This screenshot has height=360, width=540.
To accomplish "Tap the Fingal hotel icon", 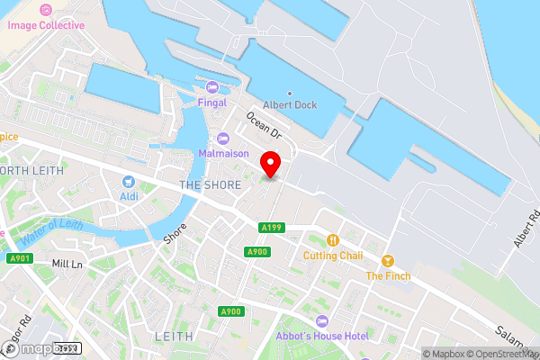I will pyautogui.click(x=212, y=86).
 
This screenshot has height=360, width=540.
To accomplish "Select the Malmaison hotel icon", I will pyautogui.click(x=223, y=138).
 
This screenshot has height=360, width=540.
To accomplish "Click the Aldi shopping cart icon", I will pyautogui.click(x=129, y=181).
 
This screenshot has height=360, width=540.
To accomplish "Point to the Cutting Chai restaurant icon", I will pyautogui.click(x=333, y=239).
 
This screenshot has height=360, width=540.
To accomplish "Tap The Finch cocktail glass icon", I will pyautogui.click(x=388, y=260).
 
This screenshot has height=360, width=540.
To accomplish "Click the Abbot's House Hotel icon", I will pyautogui.click(x=321, y=321).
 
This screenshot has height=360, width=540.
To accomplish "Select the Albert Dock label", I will pyautogui.click(x=290, y=104).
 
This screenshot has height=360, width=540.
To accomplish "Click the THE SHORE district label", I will pyautogui.click(x=211, y=185).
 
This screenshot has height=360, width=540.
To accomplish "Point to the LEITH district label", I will pyautogui.click(x=175, y=336).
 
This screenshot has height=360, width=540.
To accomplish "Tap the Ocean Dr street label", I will pyautogui.click(x=264, y=127).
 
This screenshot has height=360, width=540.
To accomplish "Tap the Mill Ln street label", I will pyautogui.click(x=67, y=264).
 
